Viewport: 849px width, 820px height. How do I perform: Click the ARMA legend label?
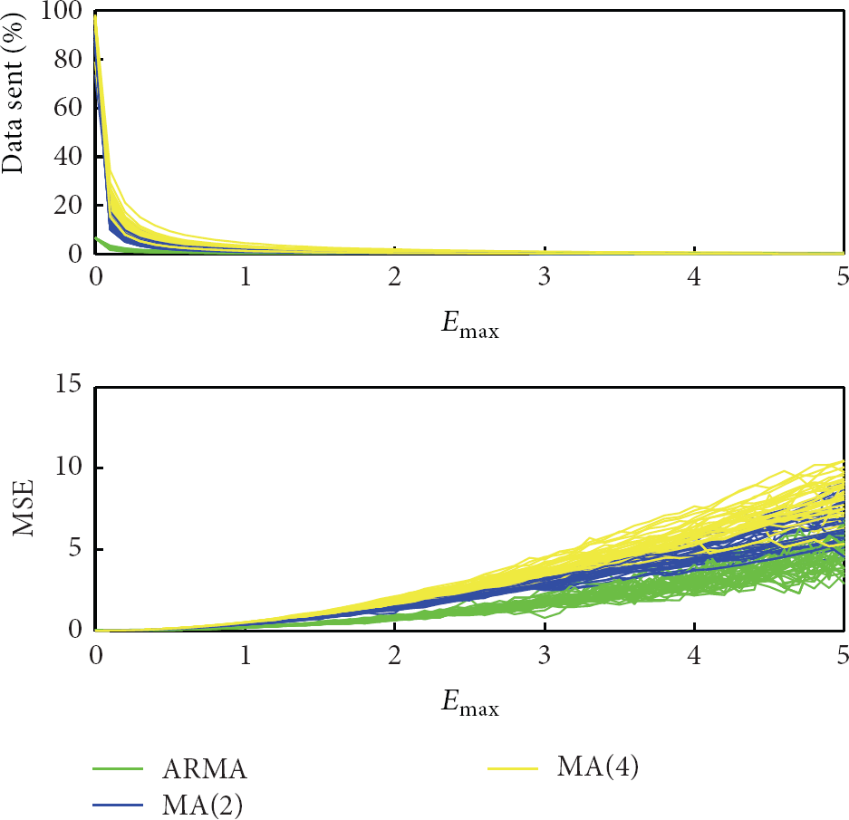205,769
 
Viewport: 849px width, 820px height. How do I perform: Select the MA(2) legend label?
202,805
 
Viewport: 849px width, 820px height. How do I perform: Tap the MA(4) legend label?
598,767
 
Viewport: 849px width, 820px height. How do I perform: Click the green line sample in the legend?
118,768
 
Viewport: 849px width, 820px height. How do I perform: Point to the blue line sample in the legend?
118,806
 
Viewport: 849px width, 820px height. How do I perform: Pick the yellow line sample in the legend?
513,768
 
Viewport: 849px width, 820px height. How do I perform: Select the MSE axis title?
24,507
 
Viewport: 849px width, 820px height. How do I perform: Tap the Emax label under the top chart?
470,325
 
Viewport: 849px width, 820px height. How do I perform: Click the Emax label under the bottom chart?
470,703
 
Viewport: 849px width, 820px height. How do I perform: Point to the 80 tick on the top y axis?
68,59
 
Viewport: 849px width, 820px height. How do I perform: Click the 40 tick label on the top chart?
68,157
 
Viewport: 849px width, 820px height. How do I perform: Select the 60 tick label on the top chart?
68,108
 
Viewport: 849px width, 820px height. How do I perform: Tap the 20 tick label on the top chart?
68,206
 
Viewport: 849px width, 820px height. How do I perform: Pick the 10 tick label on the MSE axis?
69,466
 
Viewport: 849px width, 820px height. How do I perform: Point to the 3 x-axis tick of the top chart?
545,276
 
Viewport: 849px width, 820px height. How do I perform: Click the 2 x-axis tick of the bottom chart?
395,655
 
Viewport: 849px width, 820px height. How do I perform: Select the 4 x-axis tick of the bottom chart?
694,655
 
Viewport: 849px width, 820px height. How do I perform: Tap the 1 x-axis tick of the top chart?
246,276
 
